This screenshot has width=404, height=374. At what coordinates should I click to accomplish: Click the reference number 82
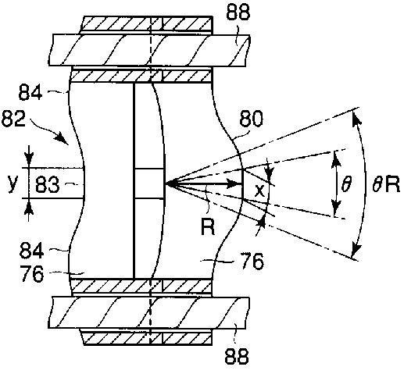pos(13,119)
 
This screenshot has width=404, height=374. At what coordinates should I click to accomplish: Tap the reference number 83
pos(47,184)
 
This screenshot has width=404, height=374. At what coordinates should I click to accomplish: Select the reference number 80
pos(251,119)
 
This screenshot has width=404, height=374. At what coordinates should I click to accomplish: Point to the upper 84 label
pos(30,93)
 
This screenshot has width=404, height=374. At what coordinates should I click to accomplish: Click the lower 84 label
pos(31,251)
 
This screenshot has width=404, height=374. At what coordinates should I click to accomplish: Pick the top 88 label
pos(238,12)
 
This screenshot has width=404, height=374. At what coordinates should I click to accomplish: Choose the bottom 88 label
pos(237,356)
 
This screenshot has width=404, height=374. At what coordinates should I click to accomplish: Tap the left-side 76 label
pos(31,274)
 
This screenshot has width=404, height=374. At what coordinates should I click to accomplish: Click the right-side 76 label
pos(252,261)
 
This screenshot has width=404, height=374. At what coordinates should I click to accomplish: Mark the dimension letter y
pos(13,183)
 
